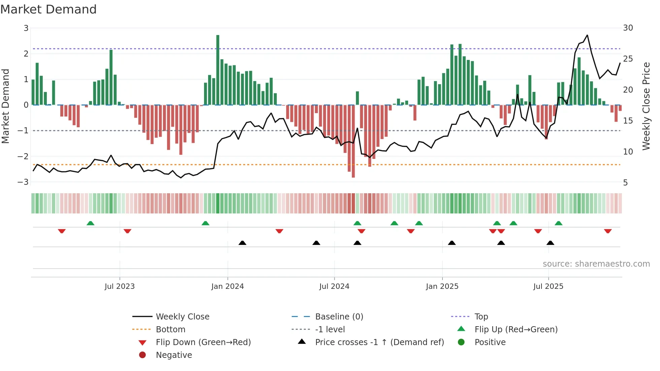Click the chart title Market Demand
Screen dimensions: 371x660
(48, 9)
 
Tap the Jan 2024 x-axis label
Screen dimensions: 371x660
(227, 286)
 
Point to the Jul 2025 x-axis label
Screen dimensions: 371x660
(548, 286)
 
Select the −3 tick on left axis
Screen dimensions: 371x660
(23, 182)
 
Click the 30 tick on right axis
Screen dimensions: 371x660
(628, 28)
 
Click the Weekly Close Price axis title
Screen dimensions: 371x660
(646, 106)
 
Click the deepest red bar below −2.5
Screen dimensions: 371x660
(353, 141)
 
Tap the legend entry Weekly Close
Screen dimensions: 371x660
(182, 317)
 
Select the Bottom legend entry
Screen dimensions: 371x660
(170, 330)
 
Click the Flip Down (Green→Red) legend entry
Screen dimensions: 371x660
(203, 342)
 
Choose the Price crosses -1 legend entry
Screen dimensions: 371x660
(379, 342)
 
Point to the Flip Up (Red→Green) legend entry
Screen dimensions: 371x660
(516, 330)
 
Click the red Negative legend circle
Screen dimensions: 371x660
(142, 355)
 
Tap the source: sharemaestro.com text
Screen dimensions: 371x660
(596, 264)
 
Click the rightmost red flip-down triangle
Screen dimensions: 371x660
(608, 231)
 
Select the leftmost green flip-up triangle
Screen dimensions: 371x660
(90, 223)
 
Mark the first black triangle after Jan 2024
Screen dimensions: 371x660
(242, 243)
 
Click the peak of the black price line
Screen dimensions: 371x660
(587, 35)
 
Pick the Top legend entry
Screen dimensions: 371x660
(481, 317)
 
